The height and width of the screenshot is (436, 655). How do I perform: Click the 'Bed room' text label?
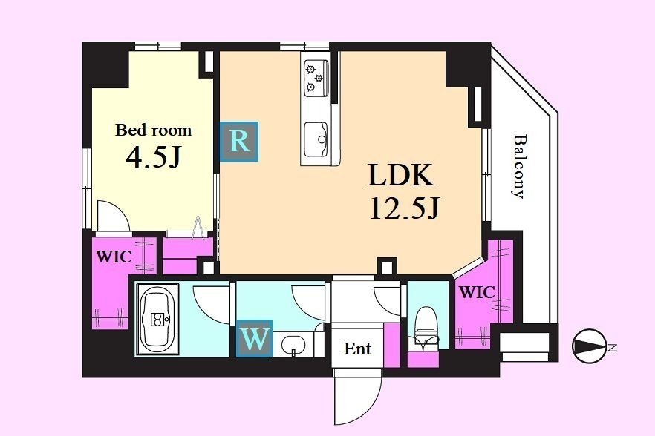point(153,131)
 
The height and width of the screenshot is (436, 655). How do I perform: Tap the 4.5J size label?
point(153,157)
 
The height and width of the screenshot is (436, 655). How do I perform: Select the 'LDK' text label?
point(400,175)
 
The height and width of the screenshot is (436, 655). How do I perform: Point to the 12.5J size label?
point(404,208)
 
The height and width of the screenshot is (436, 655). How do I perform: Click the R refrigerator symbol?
point(239,142)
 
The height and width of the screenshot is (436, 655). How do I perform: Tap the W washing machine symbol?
point(255,339)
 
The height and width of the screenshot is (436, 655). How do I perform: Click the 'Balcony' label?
point(518,165)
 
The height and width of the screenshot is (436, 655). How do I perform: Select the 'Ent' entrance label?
point(358,349)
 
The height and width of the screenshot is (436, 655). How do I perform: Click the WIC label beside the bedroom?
point(114,256)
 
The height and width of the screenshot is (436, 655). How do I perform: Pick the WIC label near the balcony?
point(477,292)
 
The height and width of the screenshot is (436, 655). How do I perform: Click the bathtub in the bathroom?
point(157,320)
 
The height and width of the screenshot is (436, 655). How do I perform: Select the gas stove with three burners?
point(316,78)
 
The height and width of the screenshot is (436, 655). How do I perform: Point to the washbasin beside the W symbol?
point(293,345)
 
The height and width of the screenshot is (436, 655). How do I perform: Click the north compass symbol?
point(590,346)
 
